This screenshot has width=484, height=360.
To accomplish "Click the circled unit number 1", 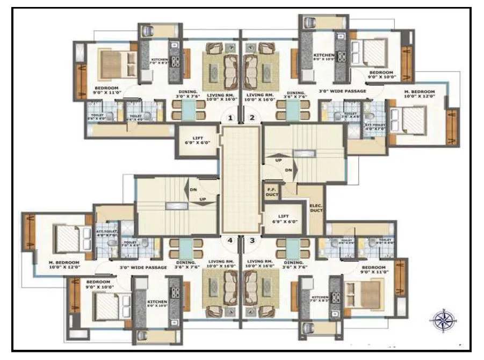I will [x=230, y=117].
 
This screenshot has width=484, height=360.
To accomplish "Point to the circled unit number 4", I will [x=230, y=241].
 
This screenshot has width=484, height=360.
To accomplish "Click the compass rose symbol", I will [x=443, y=321].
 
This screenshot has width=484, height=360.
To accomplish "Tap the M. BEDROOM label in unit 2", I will [x=420, y=95].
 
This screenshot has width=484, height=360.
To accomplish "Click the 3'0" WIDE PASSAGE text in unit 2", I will [x=342, y=91].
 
